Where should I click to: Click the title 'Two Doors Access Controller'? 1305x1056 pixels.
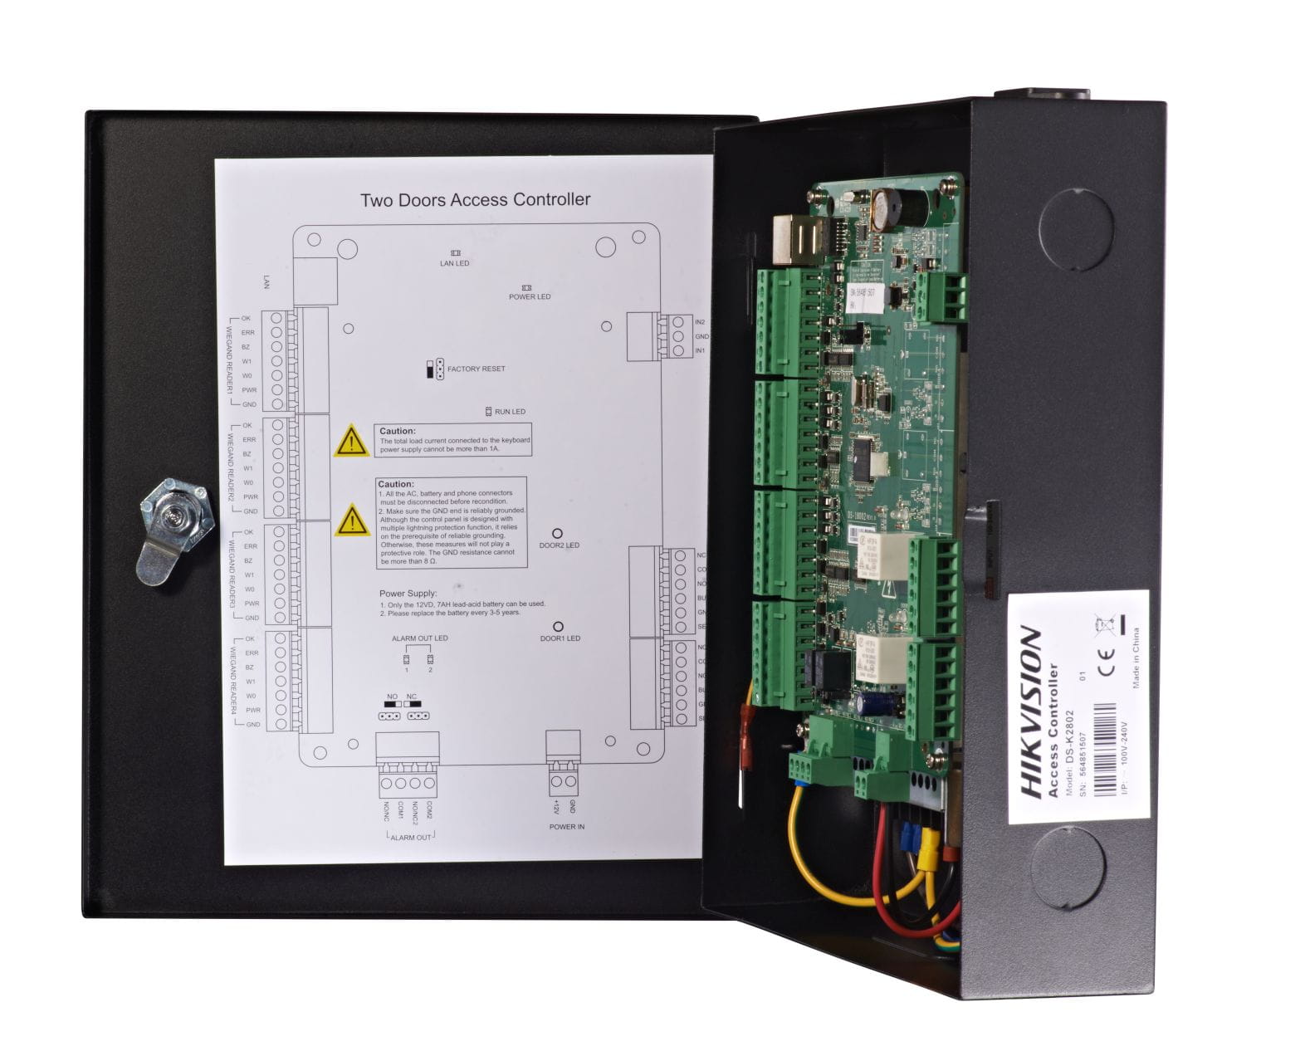click(x=475, y=200)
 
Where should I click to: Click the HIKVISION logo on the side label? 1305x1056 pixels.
click(x=1031, y=713)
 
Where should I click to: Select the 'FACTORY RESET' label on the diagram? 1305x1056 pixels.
click(x=476, y=369)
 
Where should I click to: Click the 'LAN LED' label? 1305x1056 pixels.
click(x=454, y=263)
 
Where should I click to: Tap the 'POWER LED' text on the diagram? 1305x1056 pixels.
click(x=530, y=296)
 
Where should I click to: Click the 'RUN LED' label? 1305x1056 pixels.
click(x=510, y=412)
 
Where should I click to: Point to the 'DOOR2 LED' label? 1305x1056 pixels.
click(x=560, y=545)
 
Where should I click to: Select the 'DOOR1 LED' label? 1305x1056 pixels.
click(x=560, y=638)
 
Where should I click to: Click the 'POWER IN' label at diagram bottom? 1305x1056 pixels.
click(x=567, y=827)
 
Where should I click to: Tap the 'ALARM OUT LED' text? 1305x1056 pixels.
click(x=419, y=638)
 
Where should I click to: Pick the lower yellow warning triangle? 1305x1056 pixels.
click(x=352, y=521)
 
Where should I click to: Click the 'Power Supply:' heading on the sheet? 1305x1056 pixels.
click(x=408, y=594)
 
